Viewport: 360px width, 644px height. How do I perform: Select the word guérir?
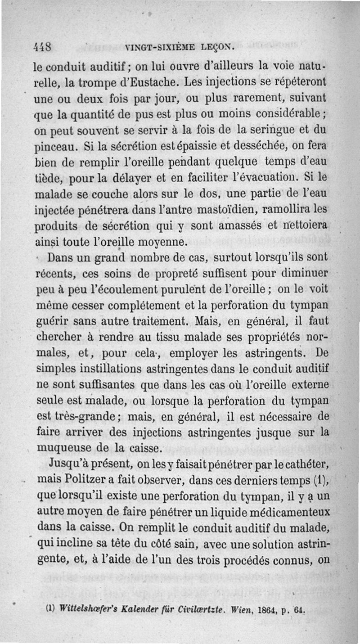click(47, 322)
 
